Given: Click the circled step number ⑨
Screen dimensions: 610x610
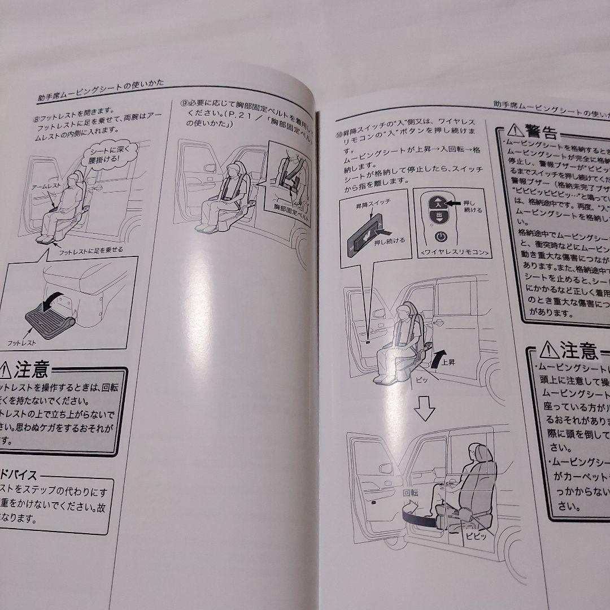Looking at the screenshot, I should (x=184, y=103).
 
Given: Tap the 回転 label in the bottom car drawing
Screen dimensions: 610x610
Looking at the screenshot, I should (x=411, y=493).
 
